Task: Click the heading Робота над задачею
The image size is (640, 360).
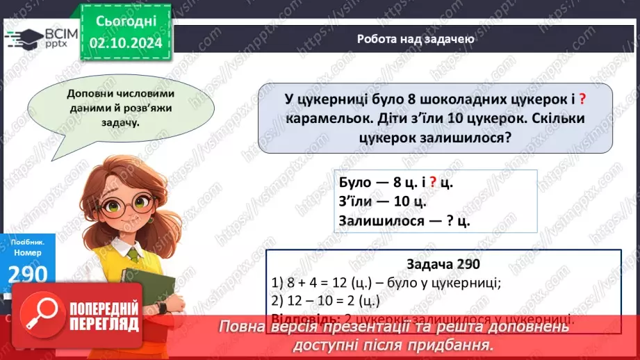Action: point(416,39)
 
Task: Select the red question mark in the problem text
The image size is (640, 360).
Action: point(582,99)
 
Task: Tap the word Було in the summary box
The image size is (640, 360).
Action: point(355,183)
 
